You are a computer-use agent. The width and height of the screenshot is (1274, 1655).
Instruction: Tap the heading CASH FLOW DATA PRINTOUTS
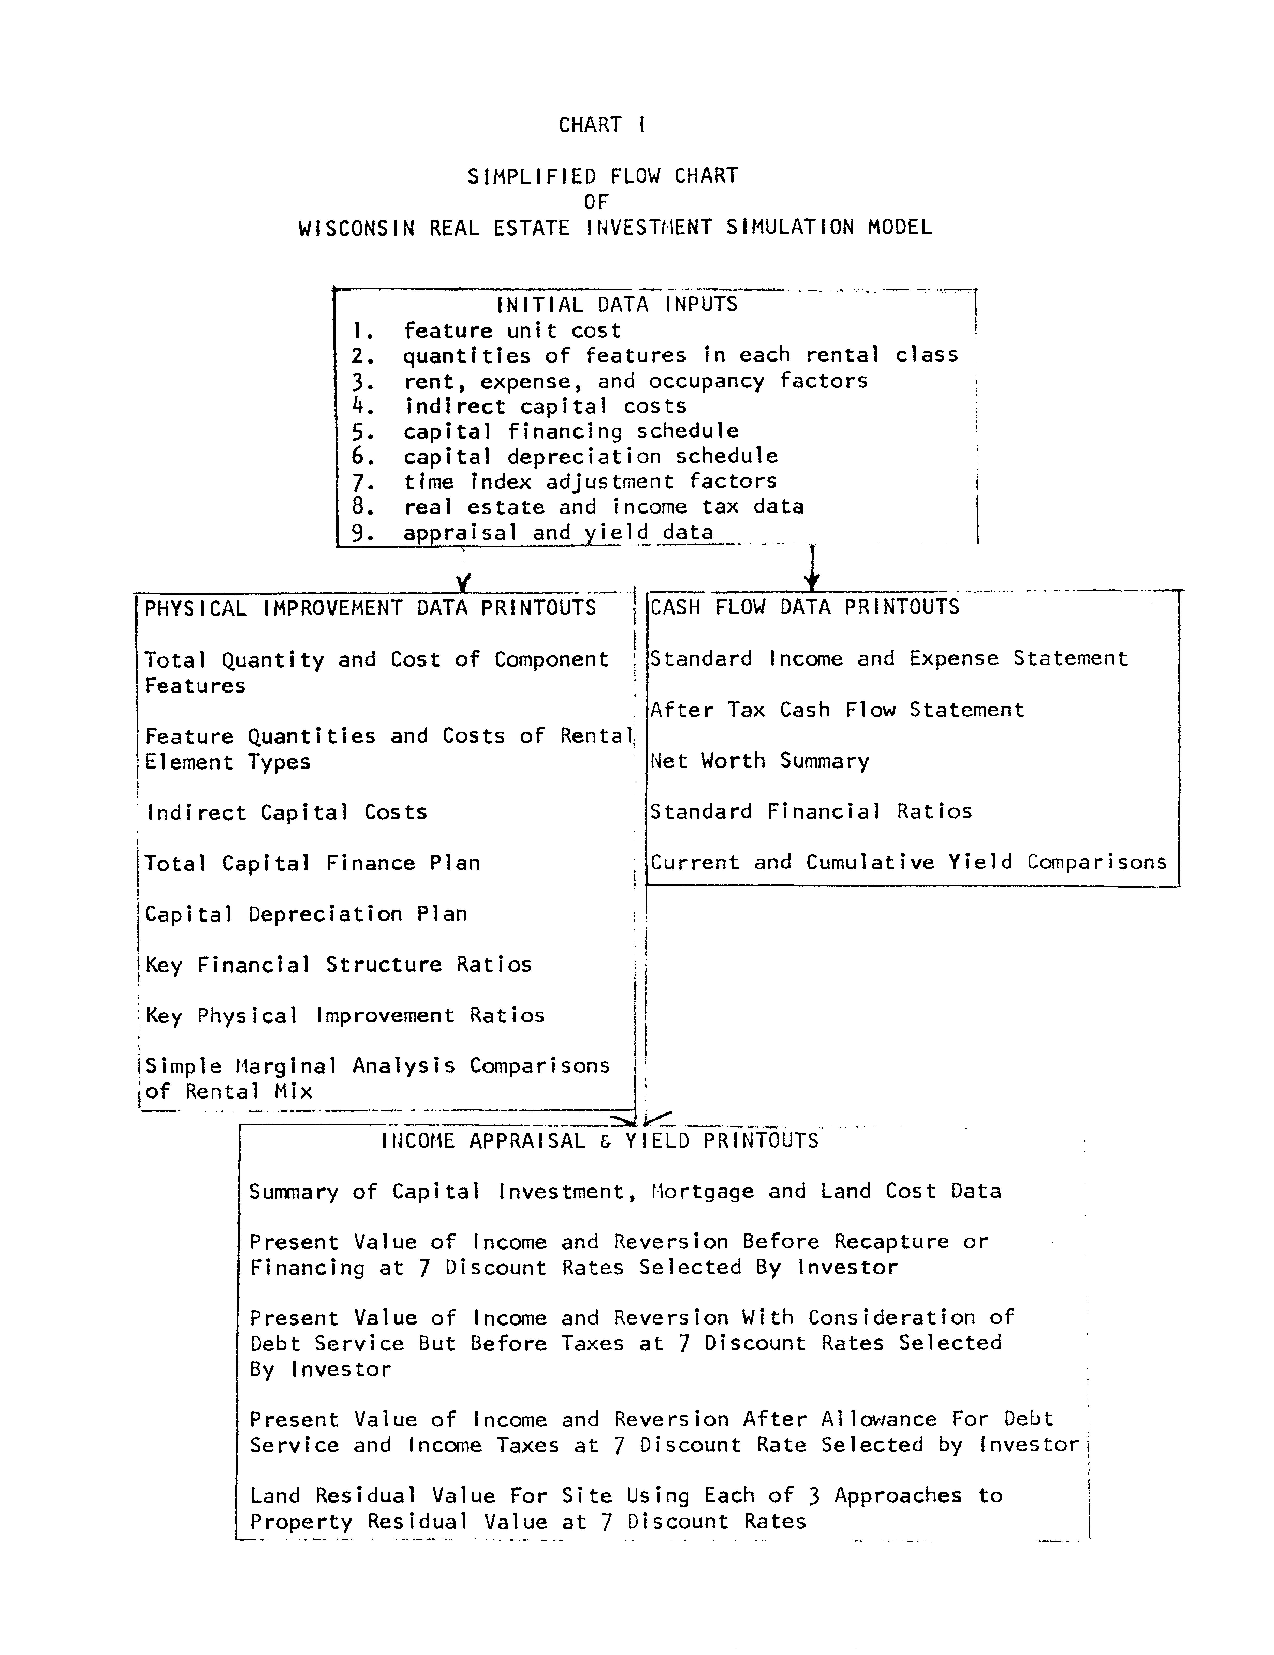pyautogui.click(x=804, y=607)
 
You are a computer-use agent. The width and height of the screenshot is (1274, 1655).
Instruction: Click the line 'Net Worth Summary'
pyautogui.click(x=759, y=761)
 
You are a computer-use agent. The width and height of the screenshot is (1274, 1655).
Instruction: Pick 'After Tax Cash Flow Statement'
pyautogui.click(x=837, y=710)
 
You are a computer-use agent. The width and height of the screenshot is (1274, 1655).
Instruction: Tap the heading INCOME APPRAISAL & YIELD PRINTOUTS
pyautogui.click(x=599, y=1141)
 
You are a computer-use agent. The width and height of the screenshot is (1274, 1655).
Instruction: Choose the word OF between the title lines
pyautogui.click(x=596, y=202)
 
